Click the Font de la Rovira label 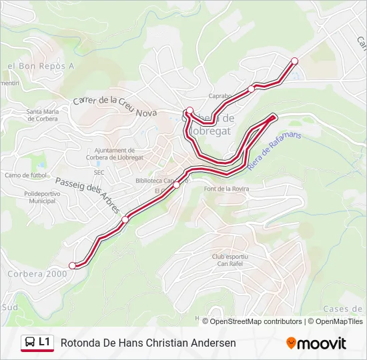[x=227, y=189]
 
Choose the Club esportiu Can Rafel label [x=230, y=261]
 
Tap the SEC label [x=99, y=172]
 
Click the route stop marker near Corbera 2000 [x=72, y=265]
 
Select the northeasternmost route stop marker [x=294, y=61]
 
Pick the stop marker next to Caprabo [x=252, y=89]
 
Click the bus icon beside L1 [x=29, y=343]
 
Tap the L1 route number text [x=45, y=342]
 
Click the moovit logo [x=316, y=343]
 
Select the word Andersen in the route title [x=214, y=343]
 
